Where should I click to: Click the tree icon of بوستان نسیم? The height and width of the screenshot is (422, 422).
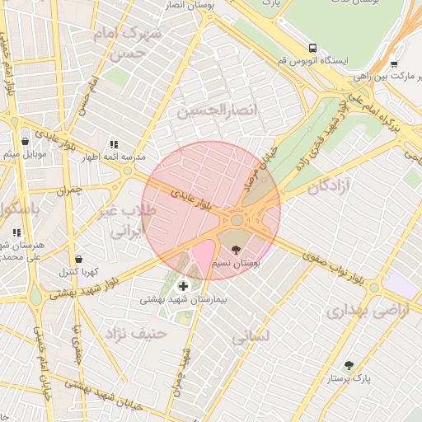[237, 249]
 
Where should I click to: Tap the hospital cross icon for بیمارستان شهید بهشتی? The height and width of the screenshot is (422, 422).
[182, 286]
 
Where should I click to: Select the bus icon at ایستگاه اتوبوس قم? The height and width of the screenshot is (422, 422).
[312, 47]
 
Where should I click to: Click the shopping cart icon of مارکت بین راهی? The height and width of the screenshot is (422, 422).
[394, 63]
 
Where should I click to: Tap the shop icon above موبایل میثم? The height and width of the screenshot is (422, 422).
[25, 141]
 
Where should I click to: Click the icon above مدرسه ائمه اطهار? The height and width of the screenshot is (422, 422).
[114, 143]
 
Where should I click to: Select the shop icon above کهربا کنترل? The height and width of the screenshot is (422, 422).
[78, 259]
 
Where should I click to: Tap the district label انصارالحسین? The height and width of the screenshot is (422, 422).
[219, 109]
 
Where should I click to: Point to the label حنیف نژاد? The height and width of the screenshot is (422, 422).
[135, 333]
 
